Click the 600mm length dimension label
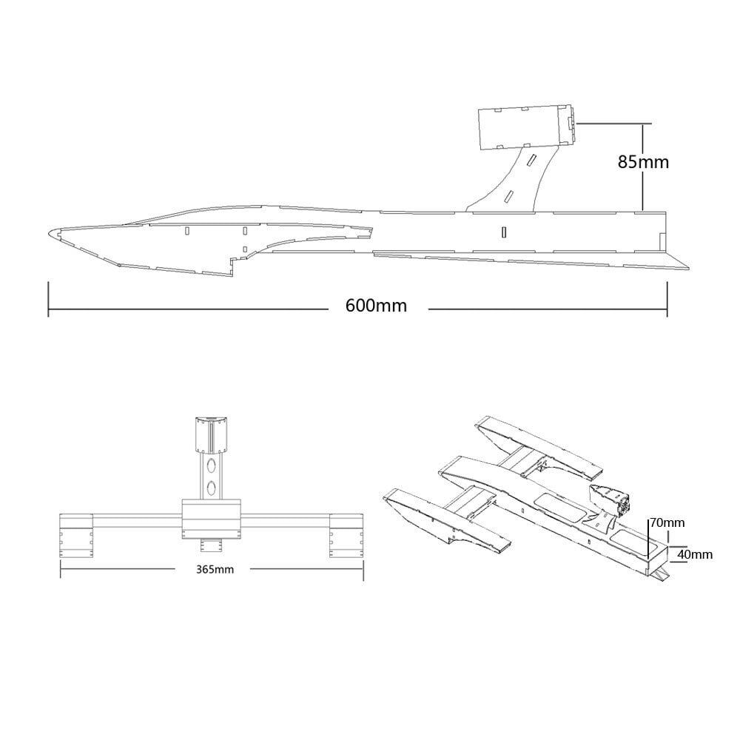pos(376,306)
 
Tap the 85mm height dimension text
pos(643,161)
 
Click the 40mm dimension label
pos(695,554)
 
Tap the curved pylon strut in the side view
pos(518,178)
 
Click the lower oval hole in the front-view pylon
pos(212,488)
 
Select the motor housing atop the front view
pos(212,434)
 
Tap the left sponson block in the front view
pos(75,534)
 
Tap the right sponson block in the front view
pos(346,534)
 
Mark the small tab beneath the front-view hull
pos(212,546)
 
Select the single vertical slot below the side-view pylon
pos(504,231)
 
